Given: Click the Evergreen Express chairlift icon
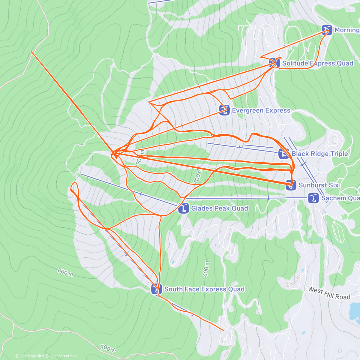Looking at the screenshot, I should [x=224, y=110].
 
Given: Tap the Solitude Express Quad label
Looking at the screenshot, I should [x=317, y=63].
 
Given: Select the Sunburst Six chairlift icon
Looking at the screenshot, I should [x=290, y=185].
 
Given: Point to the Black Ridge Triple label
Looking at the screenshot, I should [x=319, y=154].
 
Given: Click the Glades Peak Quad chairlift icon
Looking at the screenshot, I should [x=183, y=208].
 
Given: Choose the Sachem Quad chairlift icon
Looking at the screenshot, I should [x=313, y=198].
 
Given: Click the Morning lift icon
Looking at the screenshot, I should [x=327, y=30].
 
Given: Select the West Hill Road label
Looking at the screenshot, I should [x=329, y=293].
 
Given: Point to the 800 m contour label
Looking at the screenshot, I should [x=65, y=272].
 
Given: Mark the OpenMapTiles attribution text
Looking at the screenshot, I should [x=29, y=356].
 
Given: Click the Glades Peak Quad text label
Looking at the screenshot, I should [x=220, y=208].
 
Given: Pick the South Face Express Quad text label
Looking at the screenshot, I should [x=204, y=289].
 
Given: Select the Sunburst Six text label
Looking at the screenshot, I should [x=319, y=185].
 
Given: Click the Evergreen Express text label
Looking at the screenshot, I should [x=261, y=110].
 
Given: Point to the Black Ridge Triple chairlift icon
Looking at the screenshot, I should [x=283, y=154].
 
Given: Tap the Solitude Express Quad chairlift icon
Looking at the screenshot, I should [x=274, y=63].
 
